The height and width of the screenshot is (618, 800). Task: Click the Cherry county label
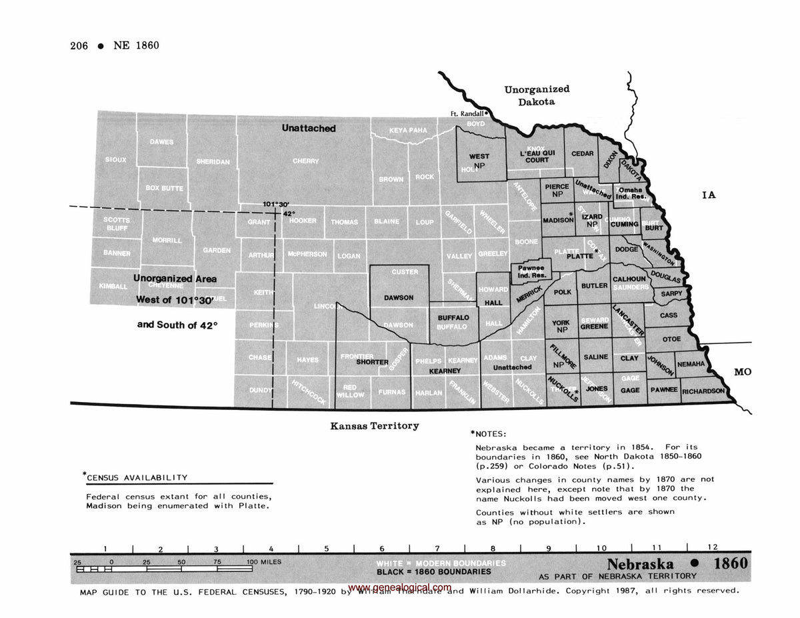(x=305, y=161)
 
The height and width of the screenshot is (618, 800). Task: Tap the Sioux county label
(x=115, y=159)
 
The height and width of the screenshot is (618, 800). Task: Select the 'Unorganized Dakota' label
(x=537, y=95)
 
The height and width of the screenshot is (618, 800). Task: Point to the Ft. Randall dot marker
(x=487, y=113)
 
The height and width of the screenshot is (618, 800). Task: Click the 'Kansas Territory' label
(x=375, y=425)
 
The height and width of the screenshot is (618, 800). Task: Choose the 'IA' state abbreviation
(x=708, y=195)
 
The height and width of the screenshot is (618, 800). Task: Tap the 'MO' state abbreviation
(x=742, y=371)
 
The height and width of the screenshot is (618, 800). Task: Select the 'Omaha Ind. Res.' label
(x=629, y=193)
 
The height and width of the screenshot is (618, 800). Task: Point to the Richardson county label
(x=703, y=391)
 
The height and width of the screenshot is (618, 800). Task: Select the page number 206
(x=80, y=45)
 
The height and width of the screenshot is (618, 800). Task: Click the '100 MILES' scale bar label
(x=265, y=562)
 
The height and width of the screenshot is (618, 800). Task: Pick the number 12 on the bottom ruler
(x=714, y=547)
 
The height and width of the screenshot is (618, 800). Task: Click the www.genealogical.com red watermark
(x=399, y=587)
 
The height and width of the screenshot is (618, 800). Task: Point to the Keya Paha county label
(x=408, y=130)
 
